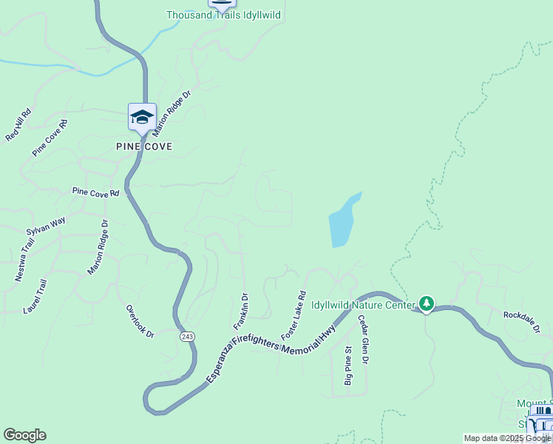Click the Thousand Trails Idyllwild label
(x=223, y=15)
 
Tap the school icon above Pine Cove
(x=142, y=116)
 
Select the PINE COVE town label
(x=144, y=147)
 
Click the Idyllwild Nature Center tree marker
(x=426, y=303)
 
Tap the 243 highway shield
(x=187, y=337)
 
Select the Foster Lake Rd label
(x=294, y=315)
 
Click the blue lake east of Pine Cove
(x=342, y=222)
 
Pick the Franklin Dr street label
(x=241, y=312)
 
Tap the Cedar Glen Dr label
(x=363, y=340)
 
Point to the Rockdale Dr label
(x=526, y=321)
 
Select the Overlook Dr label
(x=139, y=321)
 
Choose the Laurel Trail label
(x=35, y=296)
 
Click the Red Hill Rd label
(x=18, y=125)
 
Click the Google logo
(x=24, y=435)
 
